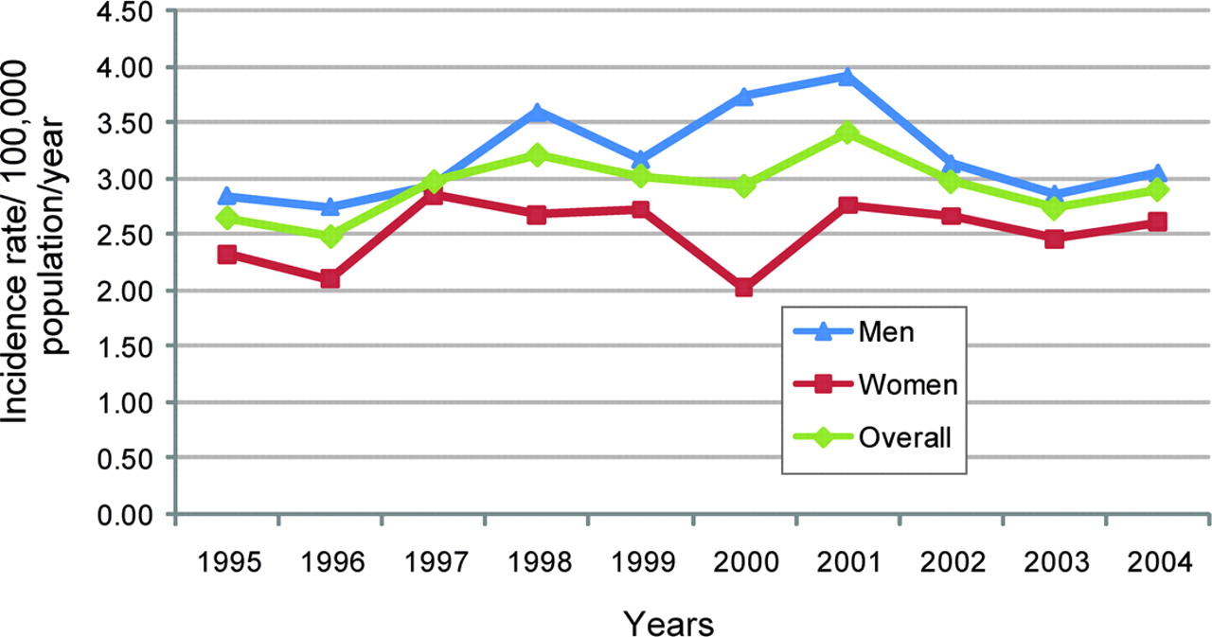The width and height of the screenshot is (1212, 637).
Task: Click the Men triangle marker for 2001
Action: tap(847, 77)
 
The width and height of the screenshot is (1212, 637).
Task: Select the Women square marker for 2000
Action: tap(743, 287)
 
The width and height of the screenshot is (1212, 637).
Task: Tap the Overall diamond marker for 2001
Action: tap(847, 133)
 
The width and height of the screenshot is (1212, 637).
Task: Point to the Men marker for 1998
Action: tap(537, 112)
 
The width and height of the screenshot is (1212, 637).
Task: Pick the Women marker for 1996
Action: tap(330, 278)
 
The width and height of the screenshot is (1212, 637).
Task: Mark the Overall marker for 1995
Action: tap(226, 219)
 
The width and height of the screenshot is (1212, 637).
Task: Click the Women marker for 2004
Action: tap(1157, 221)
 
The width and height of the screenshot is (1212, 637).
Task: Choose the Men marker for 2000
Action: tap(743, 96)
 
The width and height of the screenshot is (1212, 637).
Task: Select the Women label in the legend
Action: tap(909, 384)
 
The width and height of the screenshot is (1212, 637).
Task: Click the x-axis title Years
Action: tap(668, 622)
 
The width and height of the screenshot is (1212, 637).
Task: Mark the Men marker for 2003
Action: tap(1054, 194)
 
